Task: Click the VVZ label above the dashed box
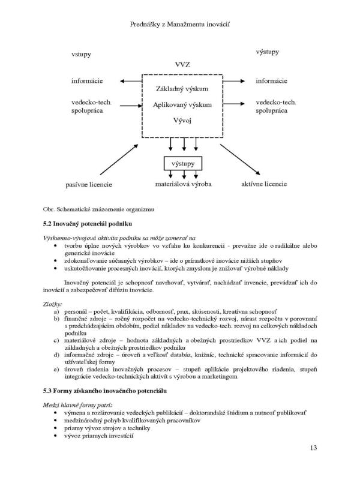pyautogui.click(x=182, y=64)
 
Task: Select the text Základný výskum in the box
pyautogui.click(x=182, y=89)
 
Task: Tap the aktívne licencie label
pyautogui.click(x=263, y=182)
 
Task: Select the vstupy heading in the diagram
pyautogui.click(x=81, y=54)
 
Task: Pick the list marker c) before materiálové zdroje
pyautogui.click(x=56, y=341)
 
